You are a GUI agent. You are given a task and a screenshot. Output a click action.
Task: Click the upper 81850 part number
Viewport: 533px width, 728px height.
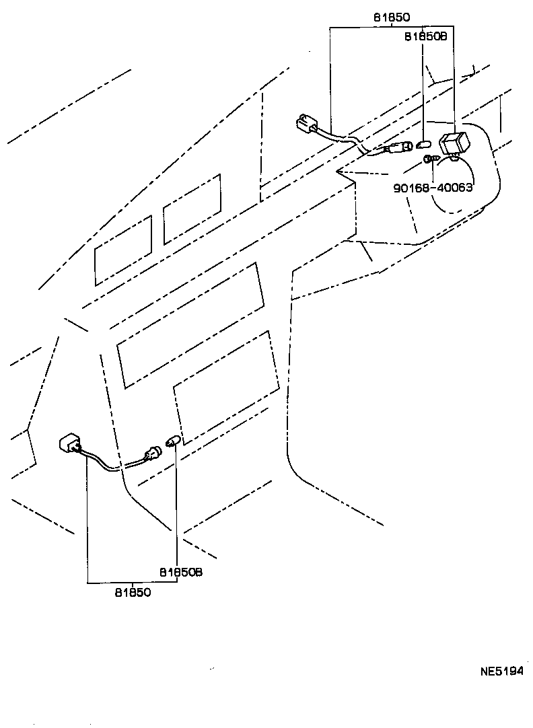[391, 17]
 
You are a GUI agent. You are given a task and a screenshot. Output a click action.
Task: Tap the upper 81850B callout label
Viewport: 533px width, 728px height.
[425, 38]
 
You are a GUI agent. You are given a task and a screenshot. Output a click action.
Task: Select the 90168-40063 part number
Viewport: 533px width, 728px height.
[432, 188]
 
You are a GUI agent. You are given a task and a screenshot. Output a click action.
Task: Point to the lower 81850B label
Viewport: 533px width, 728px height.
[181, 573]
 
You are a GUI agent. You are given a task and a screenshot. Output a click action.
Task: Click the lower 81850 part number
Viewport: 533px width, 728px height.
[132, 593]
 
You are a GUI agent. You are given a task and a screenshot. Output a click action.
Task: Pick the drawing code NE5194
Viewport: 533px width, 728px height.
[501, 671]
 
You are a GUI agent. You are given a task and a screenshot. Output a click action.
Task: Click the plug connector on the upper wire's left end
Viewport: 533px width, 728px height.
[307, 125]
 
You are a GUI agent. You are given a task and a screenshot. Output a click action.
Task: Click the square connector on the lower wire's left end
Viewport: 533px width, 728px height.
[71, 445]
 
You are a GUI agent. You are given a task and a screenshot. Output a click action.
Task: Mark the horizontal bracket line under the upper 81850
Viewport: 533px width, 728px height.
[391, 27]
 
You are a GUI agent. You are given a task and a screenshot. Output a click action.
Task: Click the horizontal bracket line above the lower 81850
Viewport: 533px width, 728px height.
[132, 582]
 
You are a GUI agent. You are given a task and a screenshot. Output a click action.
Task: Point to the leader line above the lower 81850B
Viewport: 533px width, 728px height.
[176, 505]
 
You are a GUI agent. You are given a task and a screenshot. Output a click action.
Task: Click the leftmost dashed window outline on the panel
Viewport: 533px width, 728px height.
[123, 250]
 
